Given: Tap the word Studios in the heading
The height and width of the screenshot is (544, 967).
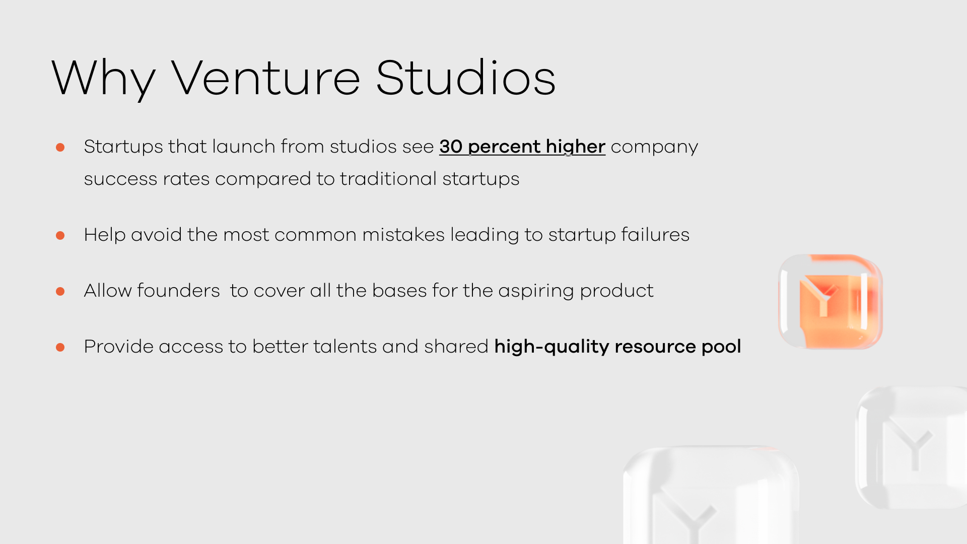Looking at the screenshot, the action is pos(466,77).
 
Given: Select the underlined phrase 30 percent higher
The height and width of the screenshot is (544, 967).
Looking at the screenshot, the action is pos(522,147).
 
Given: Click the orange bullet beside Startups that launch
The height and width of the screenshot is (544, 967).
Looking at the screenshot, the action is pos(60,147).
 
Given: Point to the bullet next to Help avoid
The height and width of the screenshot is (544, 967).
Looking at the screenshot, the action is pos(60,235).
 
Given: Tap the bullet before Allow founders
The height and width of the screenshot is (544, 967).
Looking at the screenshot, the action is pos(60,291).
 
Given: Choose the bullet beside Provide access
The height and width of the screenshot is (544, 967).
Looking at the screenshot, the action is pos(60,347).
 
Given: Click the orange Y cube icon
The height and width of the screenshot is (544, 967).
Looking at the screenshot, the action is pos(831,301).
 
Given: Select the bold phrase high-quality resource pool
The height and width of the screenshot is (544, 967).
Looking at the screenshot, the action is pos(617,347).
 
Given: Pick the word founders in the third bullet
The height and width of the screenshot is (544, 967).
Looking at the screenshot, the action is pos(178,291).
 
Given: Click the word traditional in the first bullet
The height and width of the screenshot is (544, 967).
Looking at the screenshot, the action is pos(388,179).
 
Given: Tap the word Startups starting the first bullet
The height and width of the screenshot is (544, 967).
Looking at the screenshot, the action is pos(123,147).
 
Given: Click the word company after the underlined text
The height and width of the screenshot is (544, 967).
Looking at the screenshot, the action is pos(655,147).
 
